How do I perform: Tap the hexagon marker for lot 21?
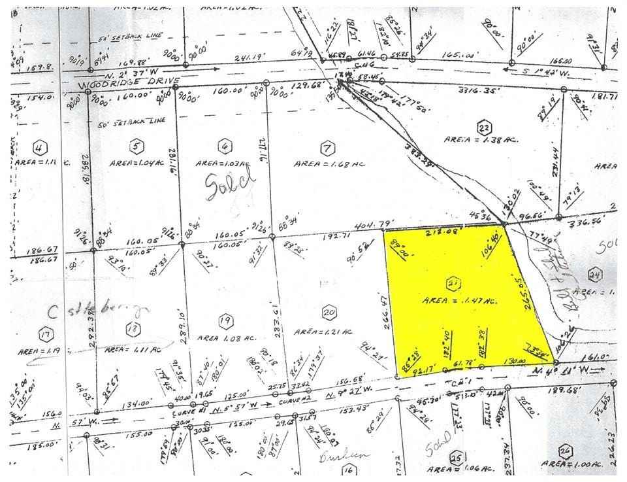click(451, 283)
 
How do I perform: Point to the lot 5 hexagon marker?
click(137, 146)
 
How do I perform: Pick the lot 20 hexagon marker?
click(329, 315)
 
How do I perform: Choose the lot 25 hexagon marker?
click(457, 458)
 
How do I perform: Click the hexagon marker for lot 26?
click(565, 450)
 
